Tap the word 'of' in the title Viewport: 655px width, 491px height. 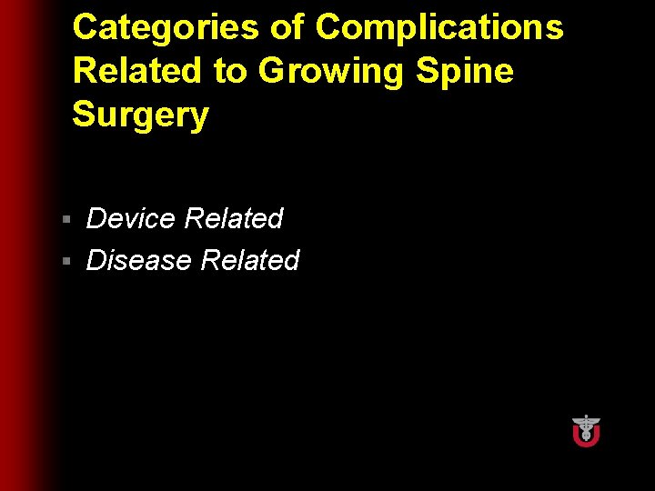[x=287, y=28]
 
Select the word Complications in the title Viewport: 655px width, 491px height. [x=439, y=28]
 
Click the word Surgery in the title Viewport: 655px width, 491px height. [x=141, y=115]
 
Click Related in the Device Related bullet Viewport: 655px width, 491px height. [x=234, y=218]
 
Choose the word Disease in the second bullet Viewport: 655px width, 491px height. [x=138, y=260]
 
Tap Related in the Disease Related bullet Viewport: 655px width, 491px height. [x=249, y=260]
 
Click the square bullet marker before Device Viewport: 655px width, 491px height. [x=66, y=220]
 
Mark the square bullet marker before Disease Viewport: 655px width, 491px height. [x=66, y=262]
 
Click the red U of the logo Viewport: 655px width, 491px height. [x=586, y=437]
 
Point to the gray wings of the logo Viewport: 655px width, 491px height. [x=586, y=422]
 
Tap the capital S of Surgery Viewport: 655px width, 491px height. [x=84, y=115]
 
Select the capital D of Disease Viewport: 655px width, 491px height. [x=96, y=260]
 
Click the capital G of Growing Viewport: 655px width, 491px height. [x=275, y=71]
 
